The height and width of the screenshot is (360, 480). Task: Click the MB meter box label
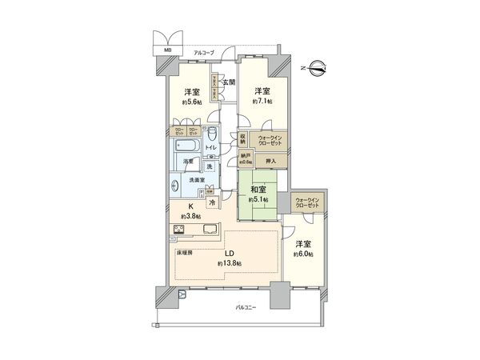tap(168, 50)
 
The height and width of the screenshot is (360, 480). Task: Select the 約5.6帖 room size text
tap(192, 102)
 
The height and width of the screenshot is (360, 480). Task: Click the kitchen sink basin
tap(212, 233)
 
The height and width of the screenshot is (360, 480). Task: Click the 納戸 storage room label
tap(247, 158)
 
